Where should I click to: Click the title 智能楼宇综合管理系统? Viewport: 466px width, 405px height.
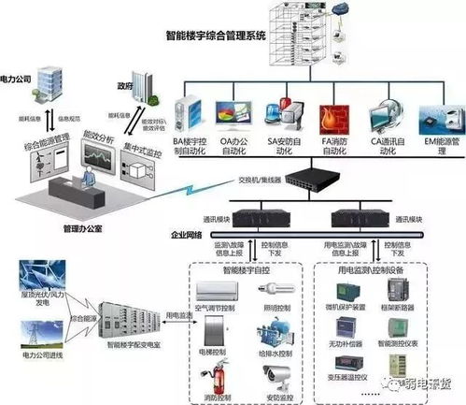pos(217,35)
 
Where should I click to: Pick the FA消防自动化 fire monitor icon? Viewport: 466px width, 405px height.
pos(333,119)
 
